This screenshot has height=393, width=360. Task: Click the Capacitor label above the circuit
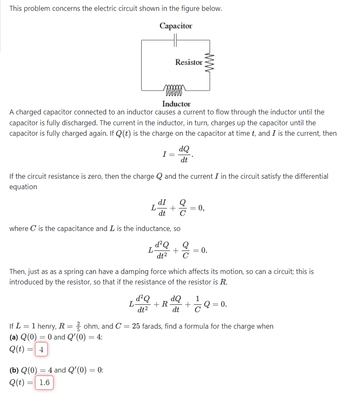176,26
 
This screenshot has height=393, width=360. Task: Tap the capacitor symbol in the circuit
175,40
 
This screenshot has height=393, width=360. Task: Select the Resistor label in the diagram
189,62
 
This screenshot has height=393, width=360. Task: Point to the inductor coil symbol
175,89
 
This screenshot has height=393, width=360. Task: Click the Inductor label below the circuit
176,104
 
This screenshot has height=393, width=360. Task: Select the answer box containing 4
42,349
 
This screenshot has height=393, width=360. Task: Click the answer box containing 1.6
44,382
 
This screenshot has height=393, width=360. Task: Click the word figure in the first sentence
196,8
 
